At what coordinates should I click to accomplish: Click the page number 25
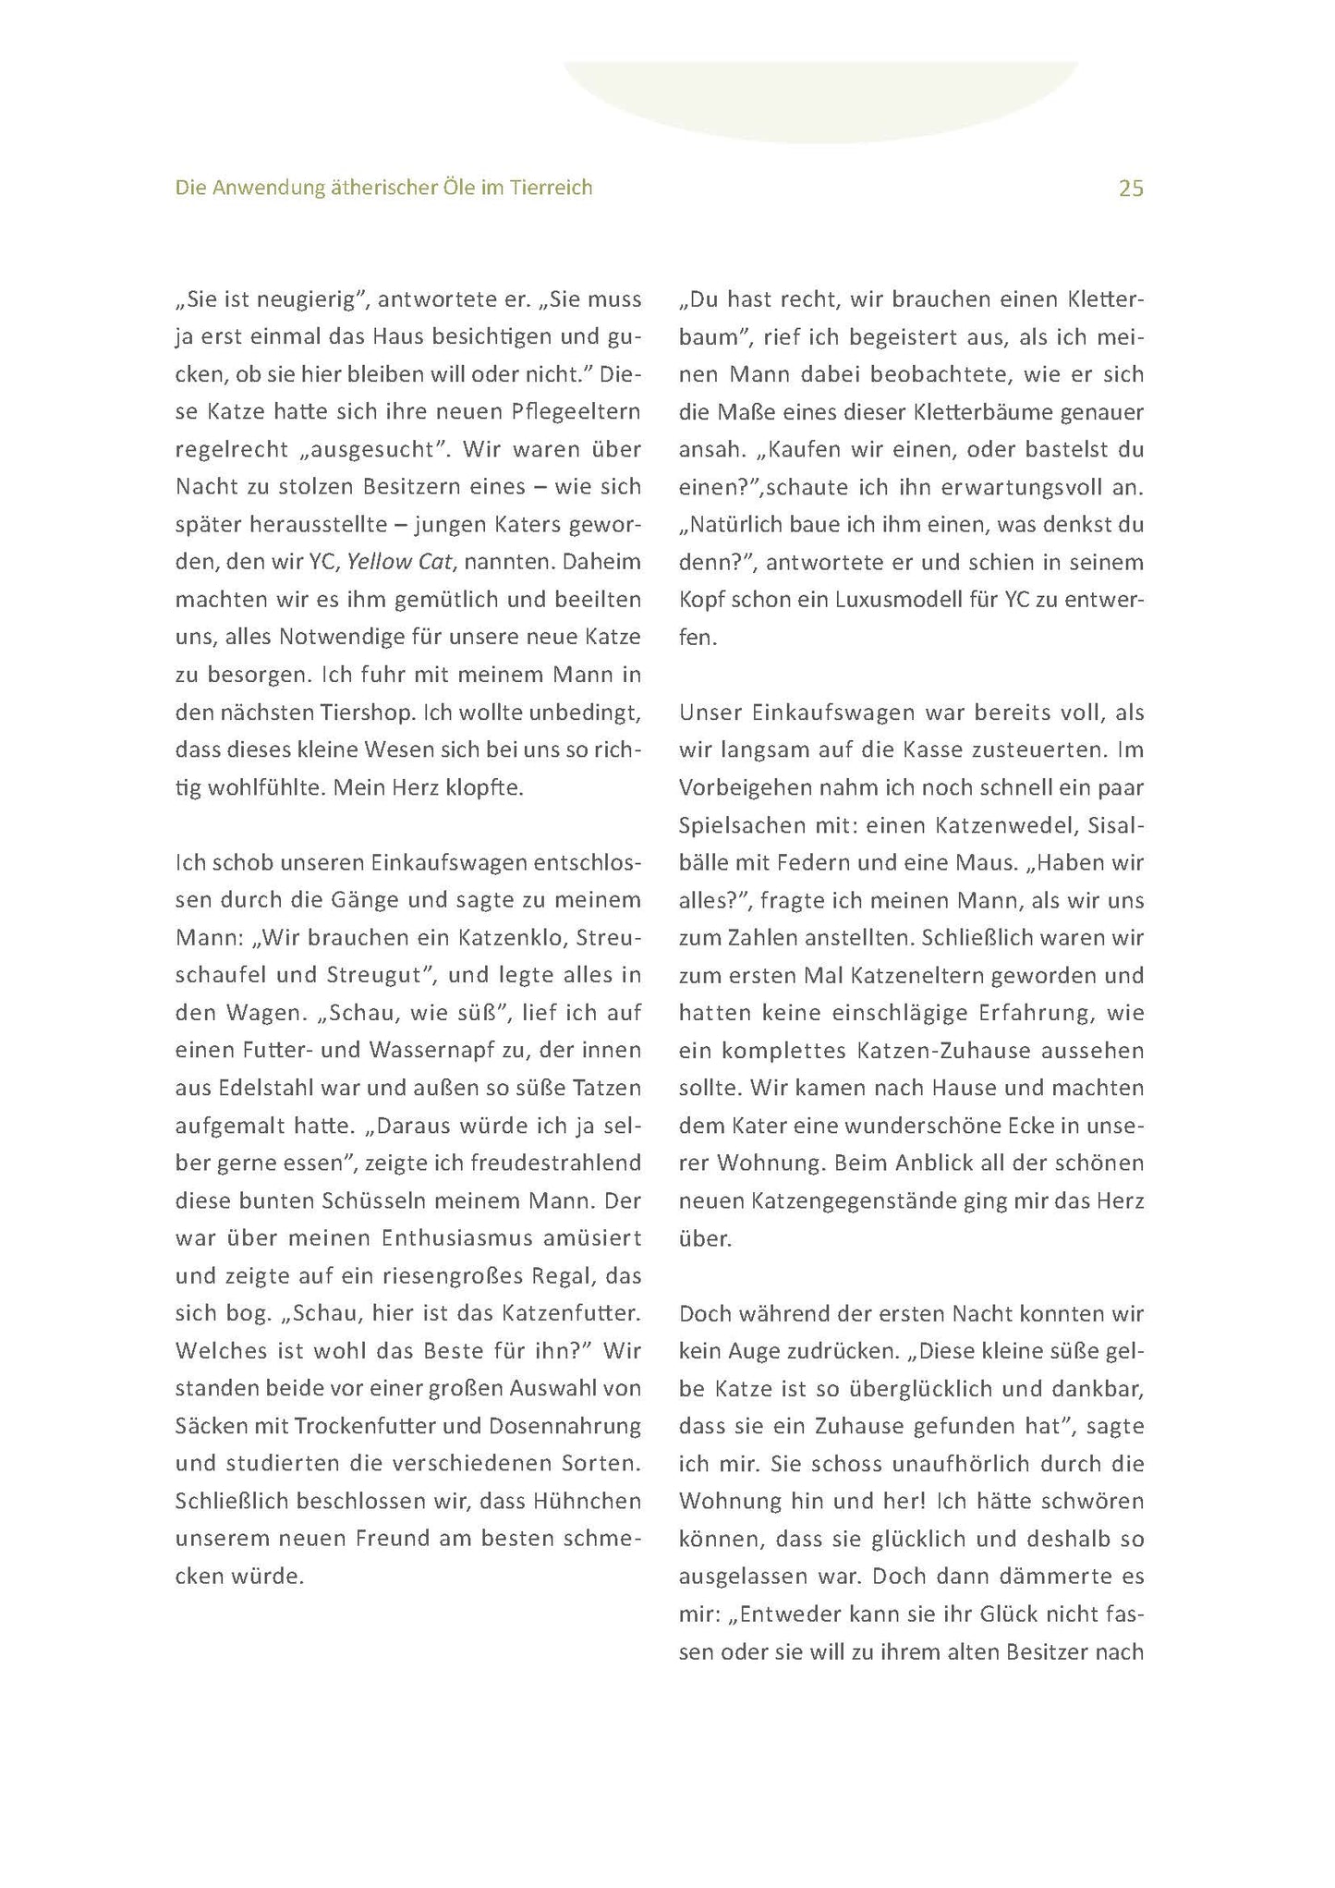pyautogui.click(x=1131, y=189)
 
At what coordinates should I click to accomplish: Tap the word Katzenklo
pyautogui.click(x=511, y=937)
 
